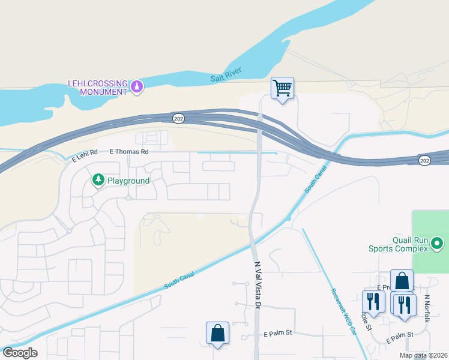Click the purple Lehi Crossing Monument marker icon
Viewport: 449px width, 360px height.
point(137,87)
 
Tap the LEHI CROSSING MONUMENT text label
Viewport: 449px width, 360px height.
point(97,87)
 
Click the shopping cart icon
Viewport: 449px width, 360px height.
point(282,88)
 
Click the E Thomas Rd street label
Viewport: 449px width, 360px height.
point(128,152)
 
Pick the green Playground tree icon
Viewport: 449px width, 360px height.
point(97,179)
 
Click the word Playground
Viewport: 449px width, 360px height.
point(128,180)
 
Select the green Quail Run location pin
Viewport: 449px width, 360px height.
point(437,244)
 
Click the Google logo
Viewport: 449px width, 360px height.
point(19,353)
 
